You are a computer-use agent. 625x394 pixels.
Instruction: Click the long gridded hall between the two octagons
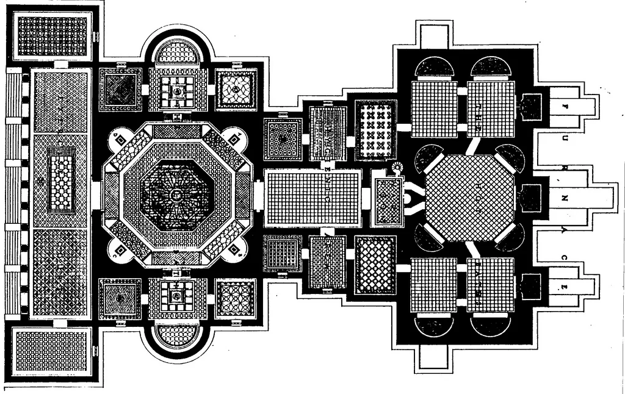coord(313,198)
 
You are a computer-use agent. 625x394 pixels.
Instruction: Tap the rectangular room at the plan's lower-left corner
coord(51,351)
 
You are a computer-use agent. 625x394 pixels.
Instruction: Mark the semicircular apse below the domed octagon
coord(176,335)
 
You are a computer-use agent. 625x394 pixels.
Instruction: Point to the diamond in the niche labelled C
coord(120,249)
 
